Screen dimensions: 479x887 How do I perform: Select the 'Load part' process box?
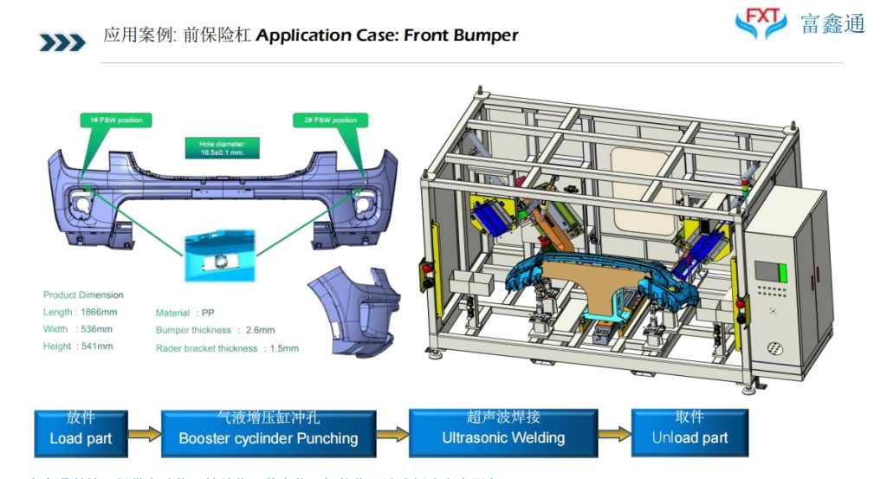81,431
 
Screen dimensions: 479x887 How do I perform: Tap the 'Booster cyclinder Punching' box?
268,431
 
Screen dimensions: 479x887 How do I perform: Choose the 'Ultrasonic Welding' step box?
503,431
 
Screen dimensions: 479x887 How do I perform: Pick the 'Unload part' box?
690,431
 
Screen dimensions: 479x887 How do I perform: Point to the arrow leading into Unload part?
614,433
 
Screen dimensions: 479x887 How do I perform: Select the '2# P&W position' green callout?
329,120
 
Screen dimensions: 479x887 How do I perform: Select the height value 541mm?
96,346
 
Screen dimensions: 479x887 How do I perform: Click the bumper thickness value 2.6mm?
260,330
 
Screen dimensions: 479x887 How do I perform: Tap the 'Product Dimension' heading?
83,295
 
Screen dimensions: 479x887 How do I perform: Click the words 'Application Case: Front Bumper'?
387,36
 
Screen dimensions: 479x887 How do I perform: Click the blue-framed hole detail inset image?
220,256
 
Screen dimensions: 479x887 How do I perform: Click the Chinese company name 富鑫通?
832,24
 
